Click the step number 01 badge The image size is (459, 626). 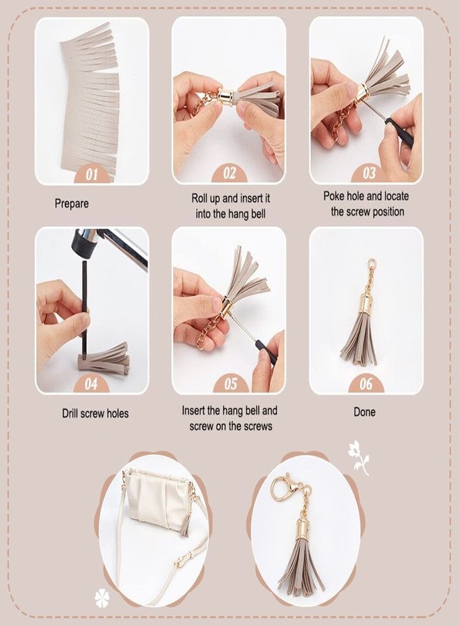[91, 174]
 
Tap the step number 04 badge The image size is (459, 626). [91, 384]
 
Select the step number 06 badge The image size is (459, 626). [366, 384]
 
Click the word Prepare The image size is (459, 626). [72, 204]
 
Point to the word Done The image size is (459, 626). [364, 412]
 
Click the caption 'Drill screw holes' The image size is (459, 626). [95, 413]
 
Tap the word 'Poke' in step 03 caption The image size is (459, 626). [334, 196]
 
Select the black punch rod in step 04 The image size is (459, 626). [85, 307]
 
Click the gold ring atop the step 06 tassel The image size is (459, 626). [371, 263]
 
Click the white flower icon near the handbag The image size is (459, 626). [102, 598]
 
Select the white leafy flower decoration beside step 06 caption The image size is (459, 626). [359, 458]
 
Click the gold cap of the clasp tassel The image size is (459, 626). [303, 530]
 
